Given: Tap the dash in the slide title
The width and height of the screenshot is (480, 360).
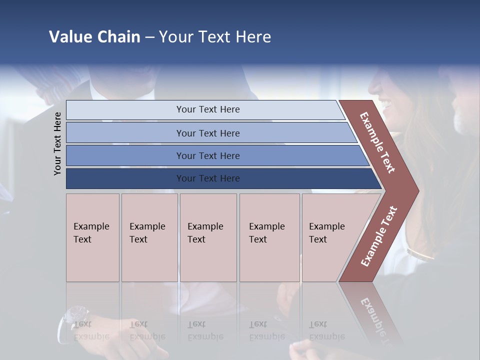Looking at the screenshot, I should click(149, 37).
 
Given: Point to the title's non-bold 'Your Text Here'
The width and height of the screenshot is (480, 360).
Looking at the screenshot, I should click(215, 37).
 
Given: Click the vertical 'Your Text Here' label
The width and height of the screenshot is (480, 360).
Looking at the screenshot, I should click(57, 143).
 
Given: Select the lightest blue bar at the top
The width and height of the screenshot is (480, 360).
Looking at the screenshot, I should click(207, 109).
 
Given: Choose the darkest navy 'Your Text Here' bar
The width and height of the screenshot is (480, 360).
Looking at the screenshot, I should click(207, 178).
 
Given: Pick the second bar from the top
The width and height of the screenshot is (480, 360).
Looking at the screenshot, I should click(207, 133).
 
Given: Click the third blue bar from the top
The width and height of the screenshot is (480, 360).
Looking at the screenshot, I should click(207, 155).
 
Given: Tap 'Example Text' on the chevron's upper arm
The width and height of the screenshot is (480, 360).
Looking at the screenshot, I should click(377, 142).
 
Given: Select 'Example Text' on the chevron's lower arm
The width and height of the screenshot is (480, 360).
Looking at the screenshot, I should click(378, 236).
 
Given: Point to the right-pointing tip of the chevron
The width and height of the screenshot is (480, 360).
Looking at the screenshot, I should click(415, 190).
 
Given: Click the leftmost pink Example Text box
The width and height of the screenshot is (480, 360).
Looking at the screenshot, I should click(92, 237).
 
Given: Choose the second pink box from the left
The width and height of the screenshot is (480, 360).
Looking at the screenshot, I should click(149, 237).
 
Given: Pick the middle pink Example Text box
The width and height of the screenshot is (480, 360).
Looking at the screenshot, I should click(208, 237).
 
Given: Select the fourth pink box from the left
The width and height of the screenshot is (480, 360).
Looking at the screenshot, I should click(269, 237).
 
